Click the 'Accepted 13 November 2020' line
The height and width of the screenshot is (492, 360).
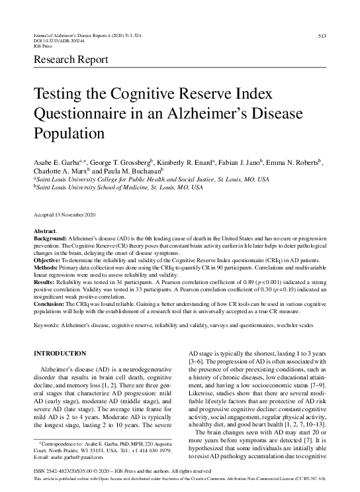65,216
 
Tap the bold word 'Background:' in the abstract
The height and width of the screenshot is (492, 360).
49,237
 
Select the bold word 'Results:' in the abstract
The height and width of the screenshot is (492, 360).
44,283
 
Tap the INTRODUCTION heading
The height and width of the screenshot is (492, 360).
61,354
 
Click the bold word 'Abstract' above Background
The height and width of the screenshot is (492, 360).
45,230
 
